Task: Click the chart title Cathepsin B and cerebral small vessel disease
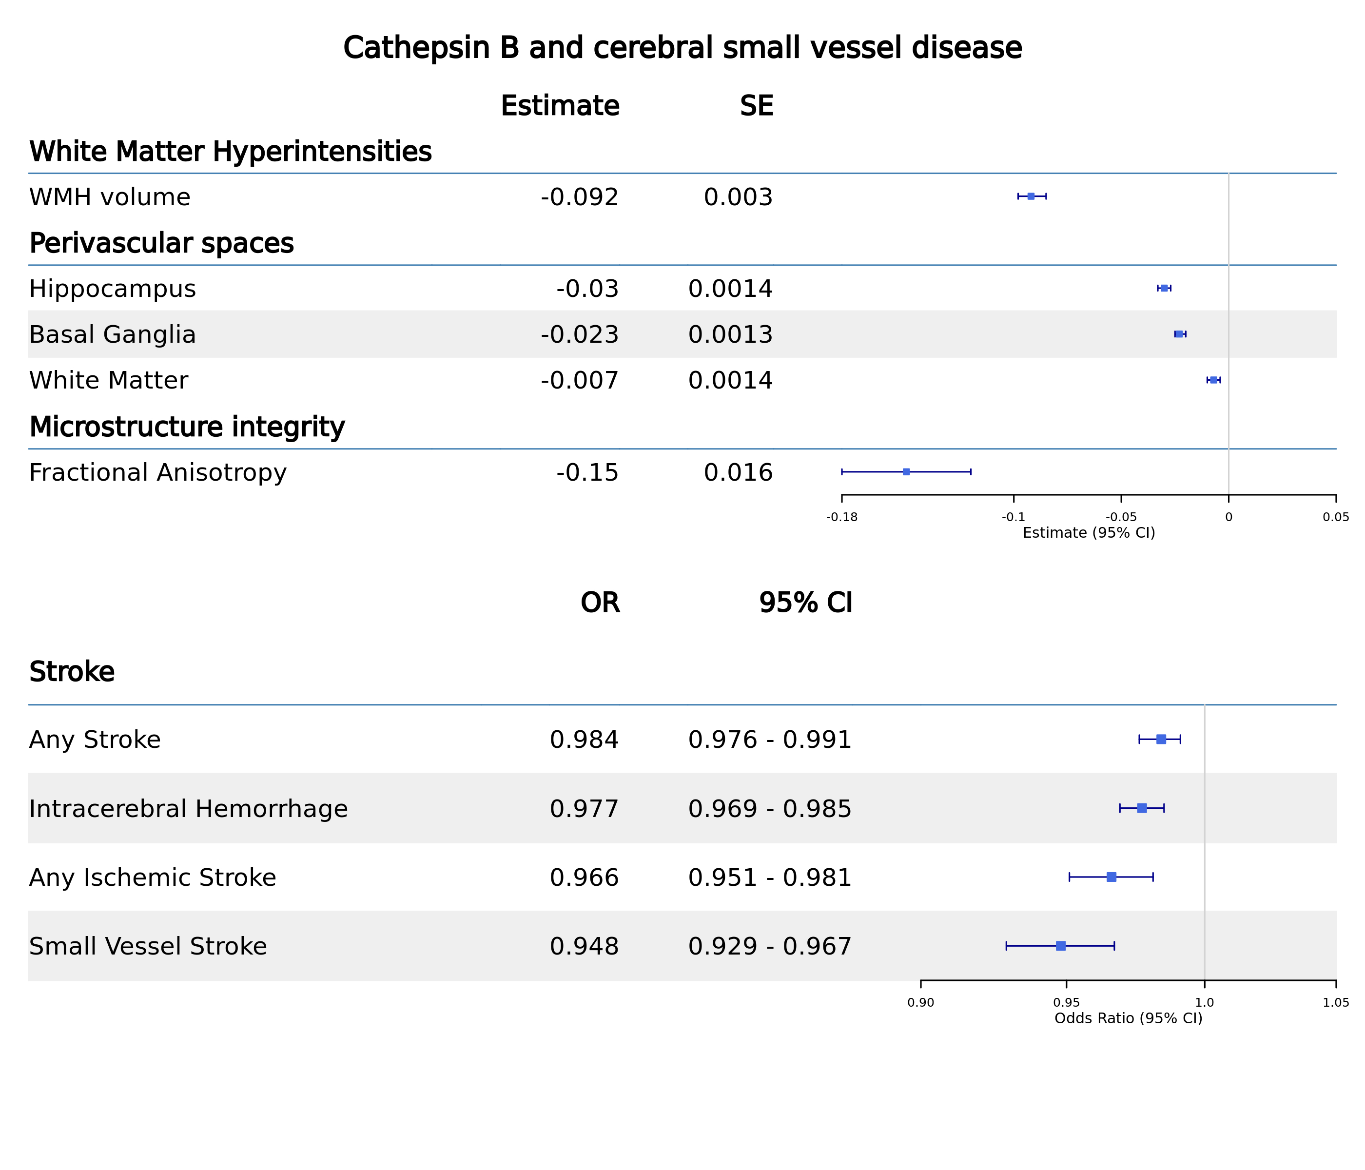[682, 49]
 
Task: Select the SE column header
[756, 106]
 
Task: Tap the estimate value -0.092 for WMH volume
[579, 197]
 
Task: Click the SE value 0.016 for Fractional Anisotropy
[738, 472]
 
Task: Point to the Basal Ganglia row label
[113, 334]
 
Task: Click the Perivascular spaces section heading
[161, 243]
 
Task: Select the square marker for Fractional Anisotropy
[906, 472]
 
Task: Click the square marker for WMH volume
[1031, 196]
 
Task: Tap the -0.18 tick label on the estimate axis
[842, 517]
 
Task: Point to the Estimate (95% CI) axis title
[1088, 533]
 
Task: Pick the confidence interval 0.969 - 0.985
[769, 809]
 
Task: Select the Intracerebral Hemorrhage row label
[188, 809]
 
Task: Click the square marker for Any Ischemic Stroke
[1111, 877]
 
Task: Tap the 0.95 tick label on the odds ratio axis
[1066, 1003]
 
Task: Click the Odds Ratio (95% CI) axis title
[1128, 1018]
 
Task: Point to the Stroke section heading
[72, 672]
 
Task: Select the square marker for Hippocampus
[1164, 288]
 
